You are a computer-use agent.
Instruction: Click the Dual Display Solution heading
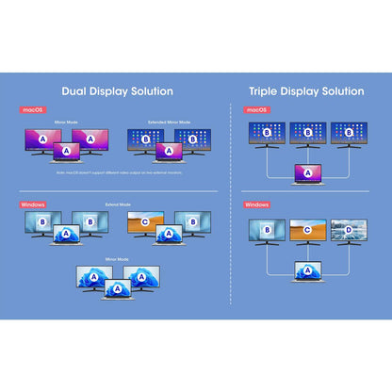(117, 91)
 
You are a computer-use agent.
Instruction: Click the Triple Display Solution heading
(305, 91)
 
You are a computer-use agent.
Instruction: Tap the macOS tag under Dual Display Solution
(32, 110)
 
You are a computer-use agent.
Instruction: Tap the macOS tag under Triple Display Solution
(256, 110)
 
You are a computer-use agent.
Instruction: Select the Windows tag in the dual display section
(34, 204)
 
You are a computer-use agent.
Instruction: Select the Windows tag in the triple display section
(257, 204)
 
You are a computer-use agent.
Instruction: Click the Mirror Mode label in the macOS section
(67, 122)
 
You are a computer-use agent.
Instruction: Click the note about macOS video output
(117, 171)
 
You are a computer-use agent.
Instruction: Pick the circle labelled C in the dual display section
(145, 223)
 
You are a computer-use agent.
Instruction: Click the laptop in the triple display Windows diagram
(306, 272)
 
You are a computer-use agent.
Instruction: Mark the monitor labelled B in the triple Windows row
(267, 230)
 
